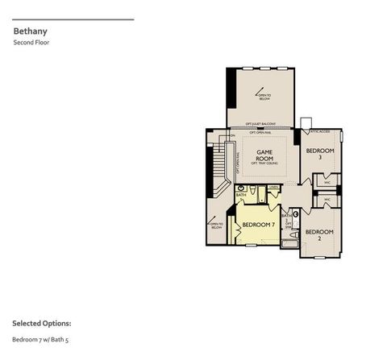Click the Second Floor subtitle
[x=31, y=42]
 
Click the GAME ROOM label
[x=264, y=153]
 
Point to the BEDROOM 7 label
[x=259, y=224]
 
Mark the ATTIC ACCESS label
[x=319, y=131]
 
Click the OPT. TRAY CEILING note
[x=264, y=163]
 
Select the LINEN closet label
[x=274, y=187]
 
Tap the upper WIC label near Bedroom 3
[x=327, y=183]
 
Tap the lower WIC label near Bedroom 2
[x=327, y=201]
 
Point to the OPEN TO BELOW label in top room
[x=264, y=97]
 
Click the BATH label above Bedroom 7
[x=240, y=195]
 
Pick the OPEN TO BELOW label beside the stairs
[x=216, y=226]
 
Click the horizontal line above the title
[x=73, y=19]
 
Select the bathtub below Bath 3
[x=290, y=242]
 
